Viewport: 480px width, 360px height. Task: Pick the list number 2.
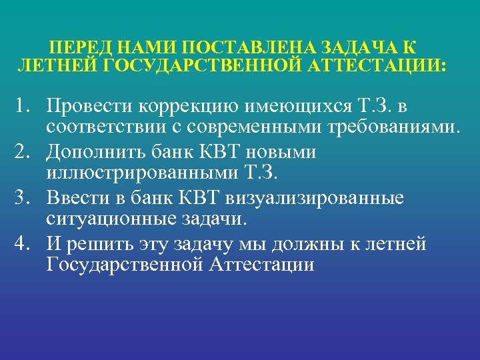25,153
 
